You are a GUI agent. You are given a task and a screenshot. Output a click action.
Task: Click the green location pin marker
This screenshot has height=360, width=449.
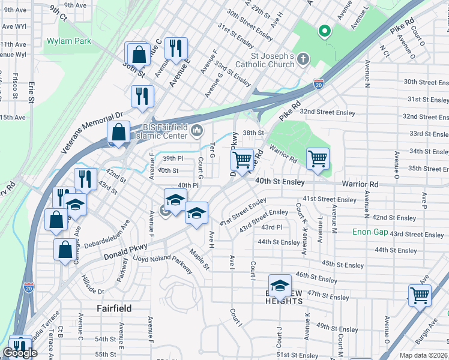[325, 31]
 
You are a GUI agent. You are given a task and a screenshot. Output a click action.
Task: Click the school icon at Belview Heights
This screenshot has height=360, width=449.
[280, 286]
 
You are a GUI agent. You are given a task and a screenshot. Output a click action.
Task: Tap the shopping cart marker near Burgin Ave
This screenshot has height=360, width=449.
[420, 295]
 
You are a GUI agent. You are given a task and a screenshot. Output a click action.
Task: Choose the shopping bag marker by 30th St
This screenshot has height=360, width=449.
[139, 53]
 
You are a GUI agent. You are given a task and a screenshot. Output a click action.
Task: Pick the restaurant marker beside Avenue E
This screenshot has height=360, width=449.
[176, 48]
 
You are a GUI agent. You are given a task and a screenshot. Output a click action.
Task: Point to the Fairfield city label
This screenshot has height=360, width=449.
[114, 308]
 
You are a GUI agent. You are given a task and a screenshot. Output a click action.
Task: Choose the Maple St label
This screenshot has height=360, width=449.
[199, 259]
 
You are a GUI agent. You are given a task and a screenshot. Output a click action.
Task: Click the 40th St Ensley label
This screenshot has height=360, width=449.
[280, 181]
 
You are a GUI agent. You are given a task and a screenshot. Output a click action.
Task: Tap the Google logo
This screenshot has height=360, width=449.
[20, 353]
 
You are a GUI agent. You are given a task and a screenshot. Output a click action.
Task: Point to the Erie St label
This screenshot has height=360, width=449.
[31, 91]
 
